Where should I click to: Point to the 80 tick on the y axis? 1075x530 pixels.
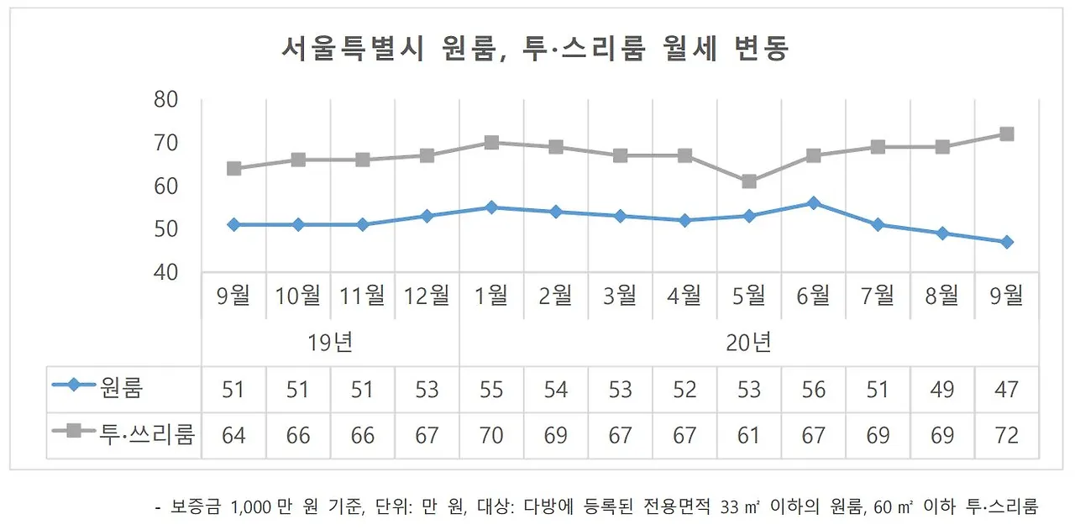167,100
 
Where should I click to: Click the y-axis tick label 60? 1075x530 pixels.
167,186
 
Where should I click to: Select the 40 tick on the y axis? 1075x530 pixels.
167,272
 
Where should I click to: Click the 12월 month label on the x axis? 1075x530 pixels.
427,296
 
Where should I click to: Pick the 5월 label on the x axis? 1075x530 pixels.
749,296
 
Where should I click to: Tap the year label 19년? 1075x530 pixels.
330,343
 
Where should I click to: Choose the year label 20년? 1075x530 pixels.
749,343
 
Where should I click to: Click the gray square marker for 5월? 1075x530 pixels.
749,181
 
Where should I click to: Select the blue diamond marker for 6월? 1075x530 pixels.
813,203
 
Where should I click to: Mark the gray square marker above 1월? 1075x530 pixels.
491,143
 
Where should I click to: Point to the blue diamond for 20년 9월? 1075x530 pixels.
1006,242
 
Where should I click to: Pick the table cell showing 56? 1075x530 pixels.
813,390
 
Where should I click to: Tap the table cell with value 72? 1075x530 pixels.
1006,436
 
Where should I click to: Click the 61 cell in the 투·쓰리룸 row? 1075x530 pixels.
749,436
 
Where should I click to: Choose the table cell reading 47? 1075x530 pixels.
1006,390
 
